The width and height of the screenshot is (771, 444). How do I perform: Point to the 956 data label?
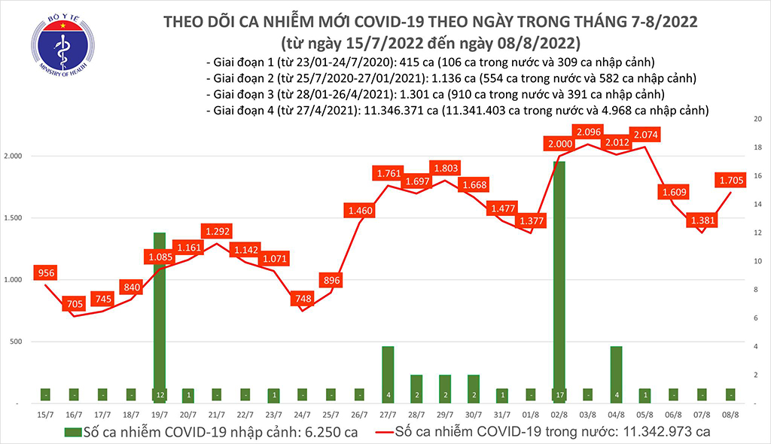[x=46, y=274]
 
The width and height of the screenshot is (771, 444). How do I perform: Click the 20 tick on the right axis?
[x=759, y=120]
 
